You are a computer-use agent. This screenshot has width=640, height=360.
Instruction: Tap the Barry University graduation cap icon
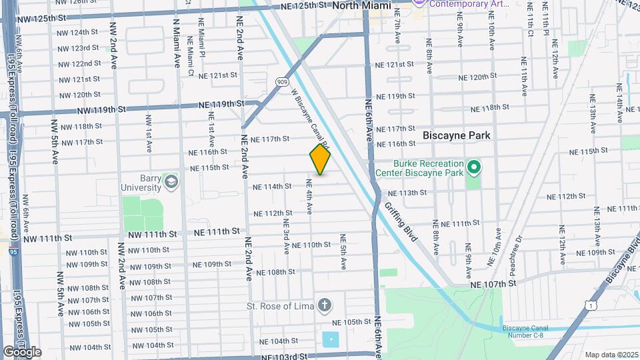point(172,181)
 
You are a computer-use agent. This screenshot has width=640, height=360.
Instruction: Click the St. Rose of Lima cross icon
point(324,306)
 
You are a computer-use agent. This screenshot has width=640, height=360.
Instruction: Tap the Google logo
point(22,352)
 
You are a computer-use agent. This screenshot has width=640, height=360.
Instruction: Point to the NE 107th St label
point(493,283)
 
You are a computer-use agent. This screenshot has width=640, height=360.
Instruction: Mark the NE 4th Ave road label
point(309,196)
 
